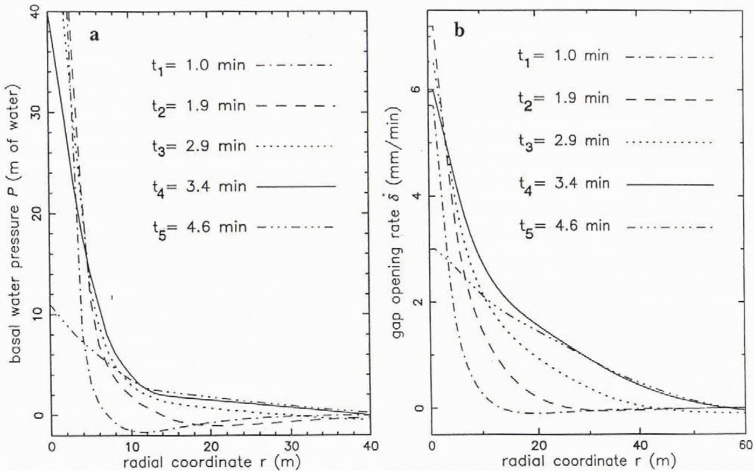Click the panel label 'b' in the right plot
[x=459, y=31]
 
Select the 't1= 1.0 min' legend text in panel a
[x=198, y=66]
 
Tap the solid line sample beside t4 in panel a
[x=296, y=186]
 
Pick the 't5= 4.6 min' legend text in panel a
[x=198, y=227]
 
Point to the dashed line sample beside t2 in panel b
[x=670, y=100]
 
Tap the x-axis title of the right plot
[x=588, y=461]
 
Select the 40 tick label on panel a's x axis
[x=370, y=446]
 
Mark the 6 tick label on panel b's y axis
[x=415, y=91]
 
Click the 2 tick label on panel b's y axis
[x=415, y=302]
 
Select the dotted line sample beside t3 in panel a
[x=296, y=147]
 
